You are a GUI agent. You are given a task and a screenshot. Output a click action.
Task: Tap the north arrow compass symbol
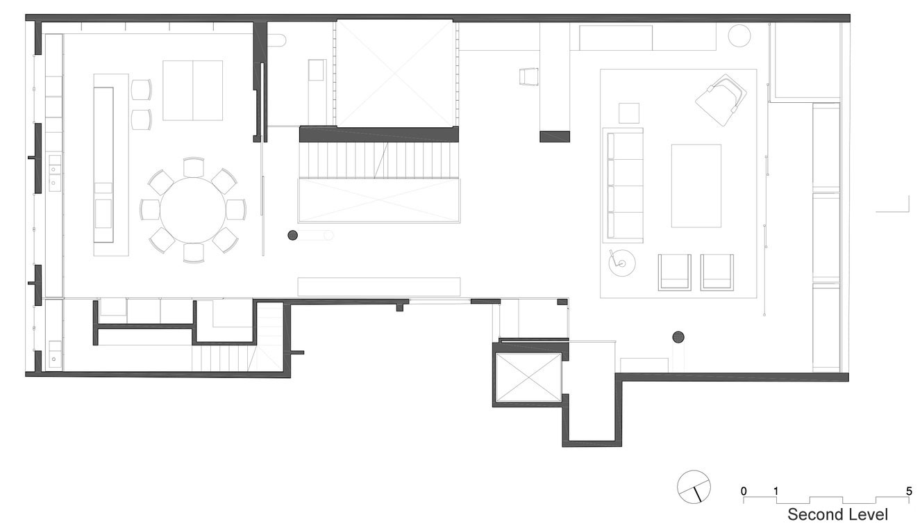point(694,487)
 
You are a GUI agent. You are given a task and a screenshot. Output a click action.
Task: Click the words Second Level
point(837,515)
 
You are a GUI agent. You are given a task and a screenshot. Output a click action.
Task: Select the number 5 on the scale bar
point(909,491)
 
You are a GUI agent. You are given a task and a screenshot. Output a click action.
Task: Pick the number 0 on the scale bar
point(744,491)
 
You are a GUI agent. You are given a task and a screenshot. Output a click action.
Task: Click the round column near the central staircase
point(293,236)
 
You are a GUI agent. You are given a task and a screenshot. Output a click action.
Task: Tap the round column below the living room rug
point(678,338)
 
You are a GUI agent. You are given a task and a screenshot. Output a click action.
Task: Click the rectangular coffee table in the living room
point(696,186)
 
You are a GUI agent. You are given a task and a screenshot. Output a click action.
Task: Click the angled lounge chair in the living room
point(720,99)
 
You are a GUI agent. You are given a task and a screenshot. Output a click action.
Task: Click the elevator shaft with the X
point(529,377)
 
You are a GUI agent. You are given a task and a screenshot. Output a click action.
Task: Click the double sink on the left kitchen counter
point(54,172)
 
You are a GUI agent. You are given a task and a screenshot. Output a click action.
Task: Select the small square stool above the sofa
point(629,113)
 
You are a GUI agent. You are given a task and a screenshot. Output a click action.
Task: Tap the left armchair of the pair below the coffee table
point(674,272)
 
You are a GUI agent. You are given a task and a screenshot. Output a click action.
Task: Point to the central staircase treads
point(378,161)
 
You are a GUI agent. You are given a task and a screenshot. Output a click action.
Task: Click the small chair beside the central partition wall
point(528,76)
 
